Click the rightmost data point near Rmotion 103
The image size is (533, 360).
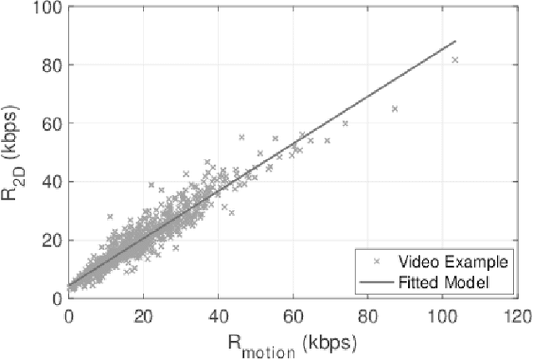click(x=455, y=60)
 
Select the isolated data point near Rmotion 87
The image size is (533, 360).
click(x=395, y=108)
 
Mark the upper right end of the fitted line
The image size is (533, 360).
click(x=456, y=40)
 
